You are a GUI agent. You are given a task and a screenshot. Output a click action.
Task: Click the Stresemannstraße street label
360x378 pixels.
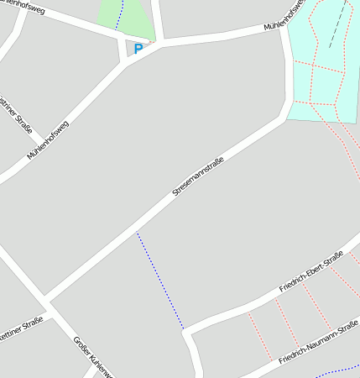coord(198,176)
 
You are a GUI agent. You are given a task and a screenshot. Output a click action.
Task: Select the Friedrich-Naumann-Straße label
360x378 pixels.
coord(320,344)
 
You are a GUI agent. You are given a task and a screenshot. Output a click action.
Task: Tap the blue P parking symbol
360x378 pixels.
coord(138,49)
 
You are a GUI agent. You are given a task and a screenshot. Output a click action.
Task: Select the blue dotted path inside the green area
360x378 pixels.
coord(119,14)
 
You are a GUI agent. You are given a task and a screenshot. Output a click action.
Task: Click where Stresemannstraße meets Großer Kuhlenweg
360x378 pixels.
coord(46,300)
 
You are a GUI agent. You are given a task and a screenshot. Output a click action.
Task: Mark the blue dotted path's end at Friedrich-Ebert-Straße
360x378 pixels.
coord(183,328)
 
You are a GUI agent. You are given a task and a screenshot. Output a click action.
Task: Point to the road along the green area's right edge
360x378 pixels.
coord(157,20)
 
